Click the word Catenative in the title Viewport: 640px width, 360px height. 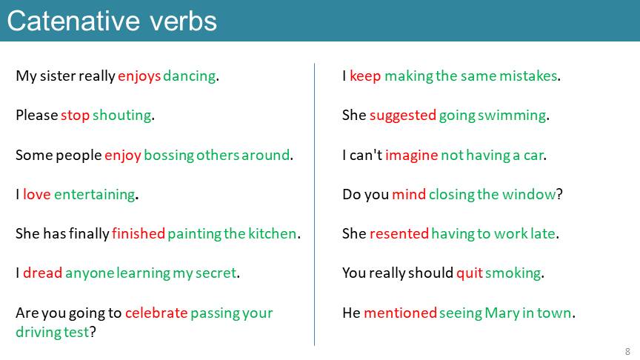point(73,21)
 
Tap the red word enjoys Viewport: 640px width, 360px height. point(139,76)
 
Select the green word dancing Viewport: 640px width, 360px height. point(190,76)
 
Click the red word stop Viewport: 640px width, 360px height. point(75,116)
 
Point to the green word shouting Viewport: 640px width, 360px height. point(122,116)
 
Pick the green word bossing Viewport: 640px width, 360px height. point(169,156)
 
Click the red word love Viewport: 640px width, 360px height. point(37,194)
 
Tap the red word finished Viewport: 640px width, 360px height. point(139,233)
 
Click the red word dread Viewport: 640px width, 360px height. point(42,273)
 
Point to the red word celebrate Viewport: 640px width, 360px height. point(156,313)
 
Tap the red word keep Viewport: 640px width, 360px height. point(365,76)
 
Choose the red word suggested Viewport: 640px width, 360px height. point(403,116)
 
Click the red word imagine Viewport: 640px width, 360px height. point(411,156)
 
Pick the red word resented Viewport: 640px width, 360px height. point(399,233)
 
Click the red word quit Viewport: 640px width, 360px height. point(470,273)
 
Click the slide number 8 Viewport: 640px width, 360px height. point(627,351)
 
